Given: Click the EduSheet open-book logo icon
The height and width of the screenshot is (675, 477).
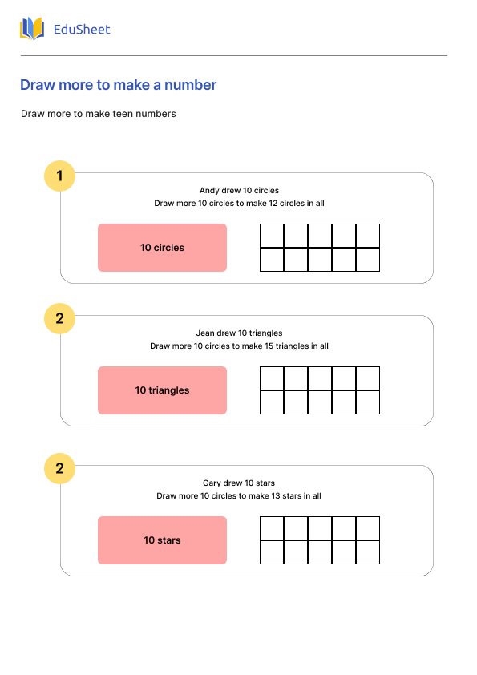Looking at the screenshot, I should pyautogui.click(x=32, y=29).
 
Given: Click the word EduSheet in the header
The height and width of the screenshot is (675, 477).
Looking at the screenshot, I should pyautogui.click(x=81, y=30).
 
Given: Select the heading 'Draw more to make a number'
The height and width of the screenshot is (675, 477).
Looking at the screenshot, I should pyautogui.click(x=118, y=85).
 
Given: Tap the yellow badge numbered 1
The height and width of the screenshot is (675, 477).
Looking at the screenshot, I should pyautogui.click(x=59, y=176).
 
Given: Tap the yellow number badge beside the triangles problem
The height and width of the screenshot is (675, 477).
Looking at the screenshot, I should pyautogui.click(x=59, y=318).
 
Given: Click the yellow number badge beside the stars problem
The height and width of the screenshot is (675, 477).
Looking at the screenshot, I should pyautogui.click(x=59, y=468).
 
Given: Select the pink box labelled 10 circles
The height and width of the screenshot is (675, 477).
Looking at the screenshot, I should pyautogui.click(x=162, y=248).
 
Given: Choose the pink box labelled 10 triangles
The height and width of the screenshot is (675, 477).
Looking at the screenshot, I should pyautogui.click(x=162, y=390).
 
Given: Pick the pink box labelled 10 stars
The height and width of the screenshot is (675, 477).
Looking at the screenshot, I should pyautogui.click(x=162, y=540).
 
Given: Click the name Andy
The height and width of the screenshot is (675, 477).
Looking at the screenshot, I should pyautogui.click(x=208, y=191).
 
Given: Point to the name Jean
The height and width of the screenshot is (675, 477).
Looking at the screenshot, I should pyautogui.click(x=205, y=333).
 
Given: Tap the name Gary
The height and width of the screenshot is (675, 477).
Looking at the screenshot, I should pyautogui.click(x=212, y=483).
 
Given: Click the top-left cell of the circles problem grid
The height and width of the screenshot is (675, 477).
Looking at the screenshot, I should pyautogui.click(x=272, y=236).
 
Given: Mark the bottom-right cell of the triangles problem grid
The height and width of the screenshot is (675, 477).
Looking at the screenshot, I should pyautogui.click(x=368, y=402).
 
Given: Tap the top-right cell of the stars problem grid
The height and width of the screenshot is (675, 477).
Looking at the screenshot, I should pyautogui.click(x=368, y=528).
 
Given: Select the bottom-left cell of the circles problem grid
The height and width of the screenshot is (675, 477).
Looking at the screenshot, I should pyautogui.click(x=272, y=260).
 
